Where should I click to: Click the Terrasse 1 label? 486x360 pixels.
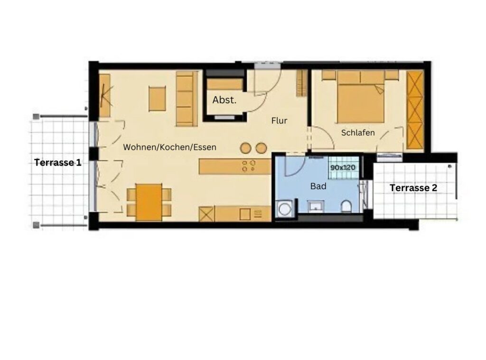(57, 162)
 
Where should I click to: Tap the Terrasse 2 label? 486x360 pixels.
(413, 188)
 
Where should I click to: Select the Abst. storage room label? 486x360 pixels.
(224, 100)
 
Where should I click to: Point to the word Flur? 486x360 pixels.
(279, 120)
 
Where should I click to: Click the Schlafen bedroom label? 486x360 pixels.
(358, 133)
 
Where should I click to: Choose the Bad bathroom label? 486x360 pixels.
(318, 186)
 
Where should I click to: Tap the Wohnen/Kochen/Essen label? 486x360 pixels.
(169, 147)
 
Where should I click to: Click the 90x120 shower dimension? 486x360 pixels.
(343, 167)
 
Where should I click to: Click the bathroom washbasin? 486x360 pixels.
(316, 207)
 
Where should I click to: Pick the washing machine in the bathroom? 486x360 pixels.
(284, 209)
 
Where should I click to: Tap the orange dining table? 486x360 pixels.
(149, 203)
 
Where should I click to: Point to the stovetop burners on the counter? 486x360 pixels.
(249, 166)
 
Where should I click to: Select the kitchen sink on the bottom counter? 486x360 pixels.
(245, 214)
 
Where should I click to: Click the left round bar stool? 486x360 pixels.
(245, 148)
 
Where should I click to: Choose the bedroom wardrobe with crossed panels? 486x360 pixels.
(415, 111)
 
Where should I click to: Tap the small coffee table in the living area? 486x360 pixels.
(157, 99)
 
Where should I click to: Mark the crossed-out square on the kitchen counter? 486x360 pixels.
(207, 214)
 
